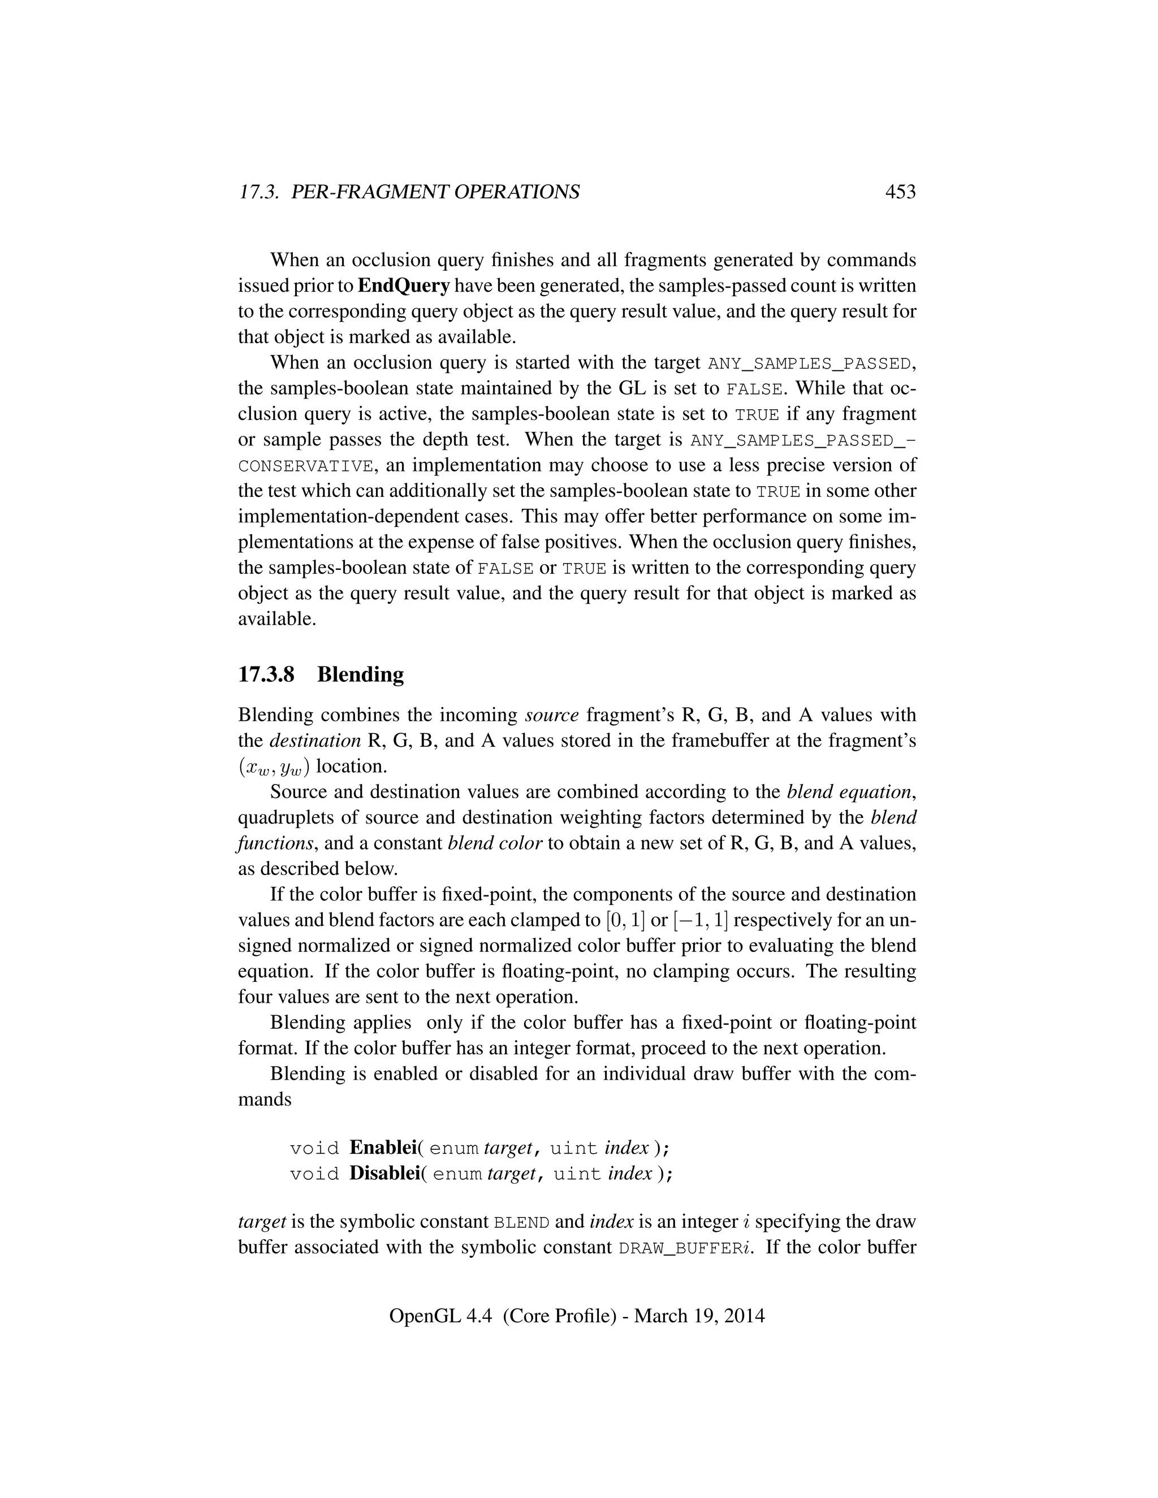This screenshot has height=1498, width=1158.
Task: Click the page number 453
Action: [900, 192]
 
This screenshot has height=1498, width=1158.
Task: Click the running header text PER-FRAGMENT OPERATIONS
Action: [435, 192]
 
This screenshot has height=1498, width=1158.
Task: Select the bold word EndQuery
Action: [403, 285]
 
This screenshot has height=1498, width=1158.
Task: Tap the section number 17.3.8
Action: [266, 674]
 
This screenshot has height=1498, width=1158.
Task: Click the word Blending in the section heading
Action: [360, 674]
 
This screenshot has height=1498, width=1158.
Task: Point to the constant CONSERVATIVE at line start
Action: [306, 466]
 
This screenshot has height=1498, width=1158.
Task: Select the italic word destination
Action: [315, 741]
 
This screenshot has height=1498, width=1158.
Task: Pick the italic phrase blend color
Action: [495, 843]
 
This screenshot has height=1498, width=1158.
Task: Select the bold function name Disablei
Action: [384, 1174]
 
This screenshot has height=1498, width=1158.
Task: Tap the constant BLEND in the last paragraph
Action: [521, 1223]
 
